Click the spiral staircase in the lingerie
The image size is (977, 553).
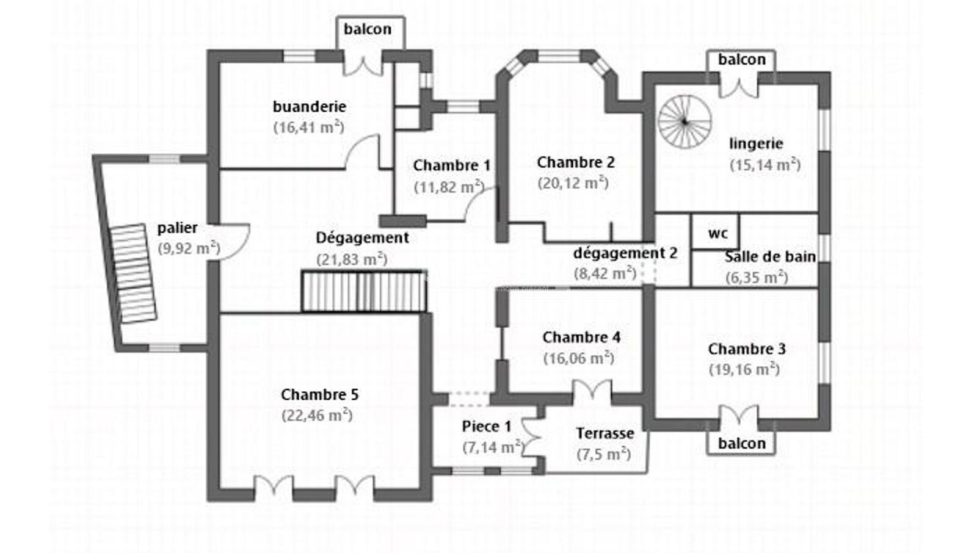[x=685, y=122]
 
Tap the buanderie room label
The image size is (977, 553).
[x=309, y=107]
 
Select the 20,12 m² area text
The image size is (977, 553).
[x=573, y=183]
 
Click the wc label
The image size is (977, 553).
[x=717, y=234]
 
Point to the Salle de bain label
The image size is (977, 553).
[x=770, y=257]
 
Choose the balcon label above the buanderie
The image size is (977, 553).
[x=367, y=29]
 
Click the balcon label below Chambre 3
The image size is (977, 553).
[x=741, y=444]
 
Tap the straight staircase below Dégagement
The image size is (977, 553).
[x=363, y=291]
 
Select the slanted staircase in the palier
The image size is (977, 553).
[x=133, y=273]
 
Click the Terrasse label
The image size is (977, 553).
[x=605, y=433]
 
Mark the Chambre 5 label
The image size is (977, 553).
[x=319, y=395]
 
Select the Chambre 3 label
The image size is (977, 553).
[x=746, y=349]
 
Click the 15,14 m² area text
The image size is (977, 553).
[x=765, y=165]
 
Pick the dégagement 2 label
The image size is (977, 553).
[x=625, y=253]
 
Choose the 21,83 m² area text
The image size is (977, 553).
[x=352, y=259]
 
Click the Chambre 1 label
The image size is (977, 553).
[x=451, y=165]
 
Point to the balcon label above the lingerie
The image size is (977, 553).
[x=741, y=60]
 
